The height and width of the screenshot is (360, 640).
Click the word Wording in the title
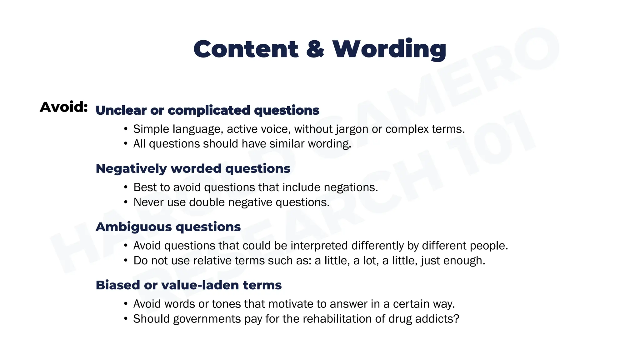[x=389, y=49]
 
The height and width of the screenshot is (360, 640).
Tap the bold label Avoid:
[x=64, y=107]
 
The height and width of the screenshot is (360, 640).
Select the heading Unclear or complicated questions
[x=207, y=110]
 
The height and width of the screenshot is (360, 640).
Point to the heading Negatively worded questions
[x=193, y=169]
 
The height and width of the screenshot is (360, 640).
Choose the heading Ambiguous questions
[x=168, y=227]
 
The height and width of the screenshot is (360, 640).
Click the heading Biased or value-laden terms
[x=188, y=285]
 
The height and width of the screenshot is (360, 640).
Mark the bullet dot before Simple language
[x=126, y=129]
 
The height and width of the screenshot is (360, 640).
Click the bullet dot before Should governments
[x=126, y=319]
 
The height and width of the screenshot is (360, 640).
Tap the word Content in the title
[x=246, y=49]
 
